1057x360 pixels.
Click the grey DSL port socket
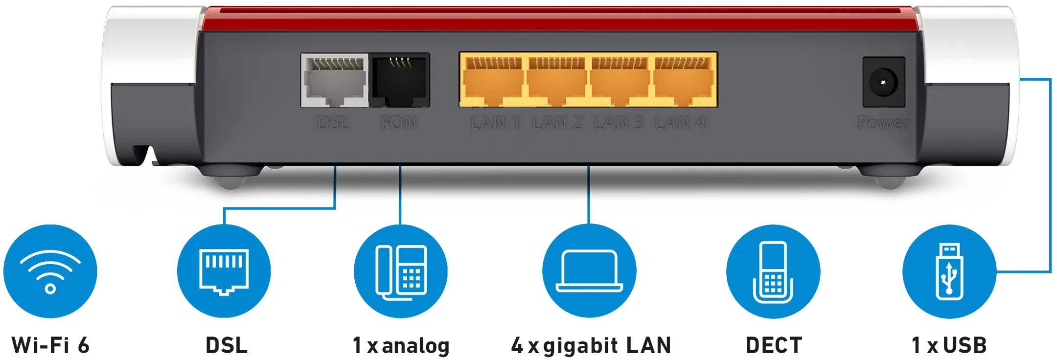pyautogui.click(x=335, y=80)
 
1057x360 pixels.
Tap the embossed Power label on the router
pyautogui.click(x=883, y=123)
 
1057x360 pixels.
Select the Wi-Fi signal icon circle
pyautogui.click(x=50, y=270)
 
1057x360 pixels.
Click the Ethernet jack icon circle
pyautogui.click(x=224, y=270)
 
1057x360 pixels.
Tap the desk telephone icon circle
pyautogui.click(x=401, y=270)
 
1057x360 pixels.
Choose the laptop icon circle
pyautogui.click(x=589, y=270)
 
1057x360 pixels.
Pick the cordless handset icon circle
pyautogui.click(x=773, y=270)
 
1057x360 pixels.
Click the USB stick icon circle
pyautogui.click(x=949, y=270)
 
